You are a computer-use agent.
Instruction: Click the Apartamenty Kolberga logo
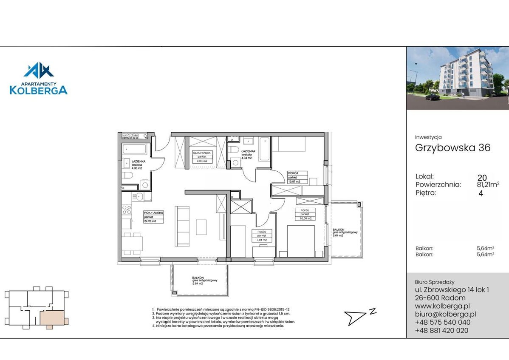coord(39,79)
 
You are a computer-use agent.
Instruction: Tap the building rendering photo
coord(457,78)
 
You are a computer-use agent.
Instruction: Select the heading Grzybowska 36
coord(452,148)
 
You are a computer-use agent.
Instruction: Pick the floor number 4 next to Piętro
coord(481,193)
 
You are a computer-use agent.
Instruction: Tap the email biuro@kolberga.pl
coord(445,314)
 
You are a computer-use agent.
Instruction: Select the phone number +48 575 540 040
coord(442,322)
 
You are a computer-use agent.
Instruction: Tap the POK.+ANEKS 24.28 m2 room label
coord(154,217)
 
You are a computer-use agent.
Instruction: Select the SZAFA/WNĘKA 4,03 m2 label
coord(202,157)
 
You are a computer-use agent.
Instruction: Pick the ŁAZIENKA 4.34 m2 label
coord(247,154)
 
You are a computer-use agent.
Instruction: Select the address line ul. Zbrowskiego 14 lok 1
coord(452,290)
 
